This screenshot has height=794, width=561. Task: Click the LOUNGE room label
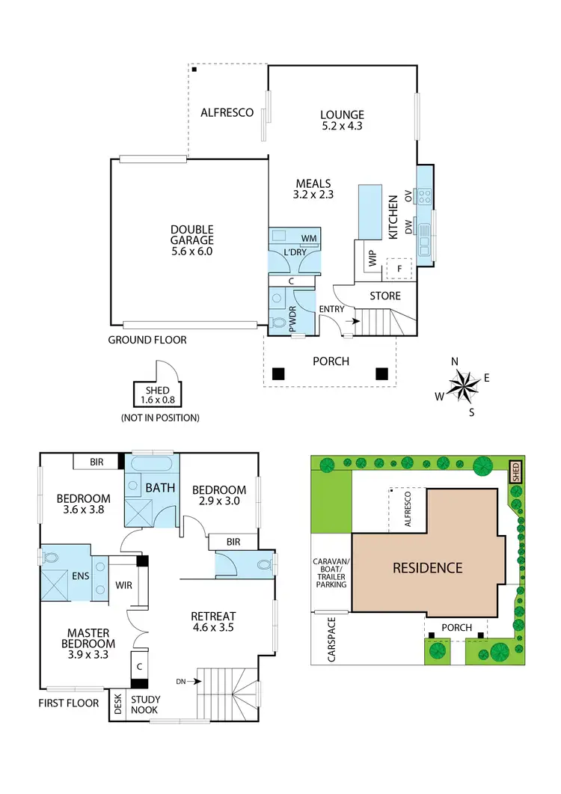(342, 115)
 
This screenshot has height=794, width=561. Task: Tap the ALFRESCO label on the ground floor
(227, 113)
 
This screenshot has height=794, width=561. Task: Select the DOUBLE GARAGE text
(191, 235)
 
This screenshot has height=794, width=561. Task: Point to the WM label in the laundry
(308, 239)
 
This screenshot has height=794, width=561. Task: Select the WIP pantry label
(372, 258)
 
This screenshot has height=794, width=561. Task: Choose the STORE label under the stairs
(385, 296)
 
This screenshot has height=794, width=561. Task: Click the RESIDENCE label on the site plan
(428, 568)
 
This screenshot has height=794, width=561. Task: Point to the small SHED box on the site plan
(515, 472)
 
